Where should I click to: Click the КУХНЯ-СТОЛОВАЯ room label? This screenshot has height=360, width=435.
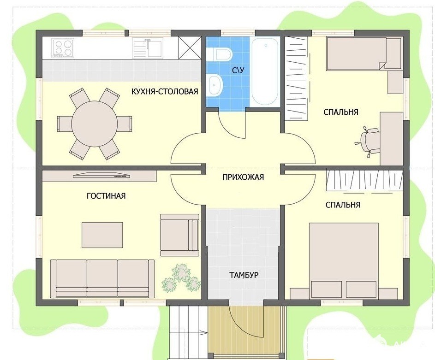165,91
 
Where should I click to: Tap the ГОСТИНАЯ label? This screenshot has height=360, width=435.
106,196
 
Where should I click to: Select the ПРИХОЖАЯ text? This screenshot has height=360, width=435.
243,177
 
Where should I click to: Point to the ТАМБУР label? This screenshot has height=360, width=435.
244,275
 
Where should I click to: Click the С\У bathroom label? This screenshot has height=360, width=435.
238,70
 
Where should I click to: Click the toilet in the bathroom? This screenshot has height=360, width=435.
219,54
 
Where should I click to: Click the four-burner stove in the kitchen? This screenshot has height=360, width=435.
63,48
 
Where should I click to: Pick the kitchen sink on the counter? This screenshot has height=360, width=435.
147,48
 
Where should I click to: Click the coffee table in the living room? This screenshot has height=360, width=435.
102,235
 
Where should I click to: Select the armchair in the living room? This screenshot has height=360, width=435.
180,235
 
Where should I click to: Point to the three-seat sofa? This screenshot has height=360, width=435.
102,279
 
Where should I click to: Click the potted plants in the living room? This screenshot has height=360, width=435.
181,278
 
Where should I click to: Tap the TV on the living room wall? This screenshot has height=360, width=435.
102,175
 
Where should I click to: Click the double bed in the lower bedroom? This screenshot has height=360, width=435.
344,261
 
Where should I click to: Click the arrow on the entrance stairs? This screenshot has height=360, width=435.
203,332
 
